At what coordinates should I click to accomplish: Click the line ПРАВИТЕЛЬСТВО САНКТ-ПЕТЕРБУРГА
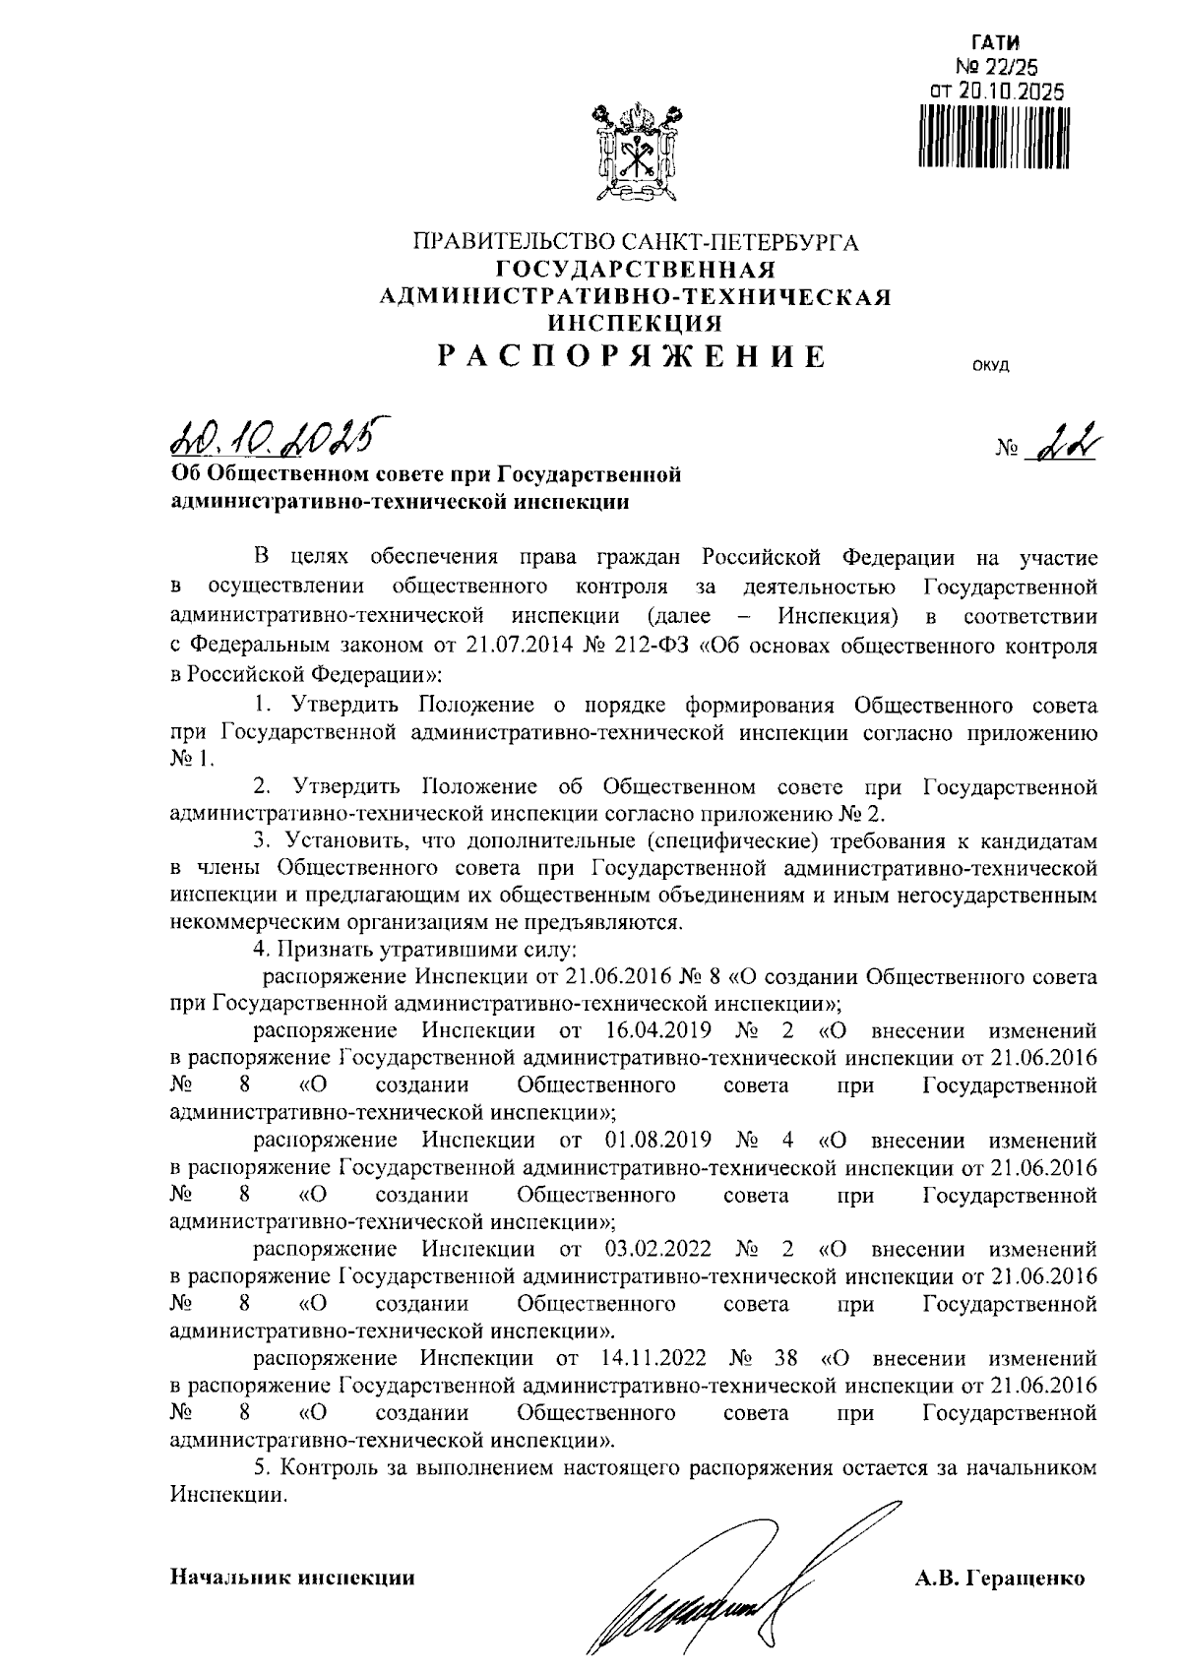coord(636,242)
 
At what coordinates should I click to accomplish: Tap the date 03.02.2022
coord(652,1250)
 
